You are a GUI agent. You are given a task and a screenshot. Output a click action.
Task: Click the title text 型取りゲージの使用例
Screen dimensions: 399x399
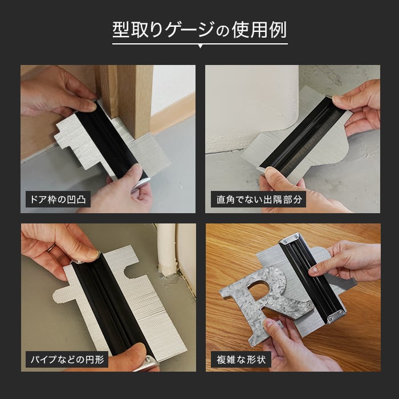[199, 30]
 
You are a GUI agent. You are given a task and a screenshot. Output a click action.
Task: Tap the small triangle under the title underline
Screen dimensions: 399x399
[200, 47]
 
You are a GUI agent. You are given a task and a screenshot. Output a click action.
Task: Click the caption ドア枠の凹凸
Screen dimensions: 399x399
[58, 199]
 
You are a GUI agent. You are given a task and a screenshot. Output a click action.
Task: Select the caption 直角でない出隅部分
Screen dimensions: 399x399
[259, 199]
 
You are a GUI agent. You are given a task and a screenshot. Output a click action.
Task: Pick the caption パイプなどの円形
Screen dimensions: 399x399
[67, 360]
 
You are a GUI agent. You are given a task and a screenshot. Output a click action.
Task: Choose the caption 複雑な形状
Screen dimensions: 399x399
[241, 360]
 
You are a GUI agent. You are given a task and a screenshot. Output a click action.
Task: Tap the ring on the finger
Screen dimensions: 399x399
[51, 248]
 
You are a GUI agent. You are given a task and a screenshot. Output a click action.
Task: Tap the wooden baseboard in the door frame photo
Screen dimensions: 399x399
[173, 112]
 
